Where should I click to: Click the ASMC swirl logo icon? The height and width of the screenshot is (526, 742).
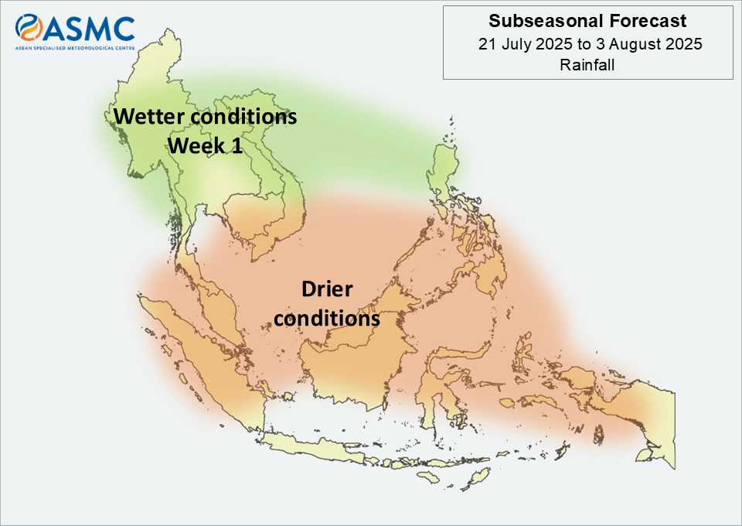(x=29, y=27)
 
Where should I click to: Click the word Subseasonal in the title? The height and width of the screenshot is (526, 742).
(x=546, y=21)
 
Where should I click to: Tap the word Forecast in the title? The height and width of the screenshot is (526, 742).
(x=648, y=21)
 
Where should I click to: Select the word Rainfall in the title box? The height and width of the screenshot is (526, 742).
(x=587, y=64)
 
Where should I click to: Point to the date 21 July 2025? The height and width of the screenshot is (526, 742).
(x=526, y=43)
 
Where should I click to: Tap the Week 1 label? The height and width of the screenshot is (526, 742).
(x=206, y=145)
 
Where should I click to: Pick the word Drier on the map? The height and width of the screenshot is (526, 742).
(x=327, y=289)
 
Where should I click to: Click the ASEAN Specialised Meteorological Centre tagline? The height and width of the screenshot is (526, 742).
(x=75, y=48)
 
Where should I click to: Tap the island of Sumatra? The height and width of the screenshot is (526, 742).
(x=199, y=355)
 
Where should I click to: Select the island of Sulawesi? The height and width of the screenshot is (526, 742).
(x=445, y=384)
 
